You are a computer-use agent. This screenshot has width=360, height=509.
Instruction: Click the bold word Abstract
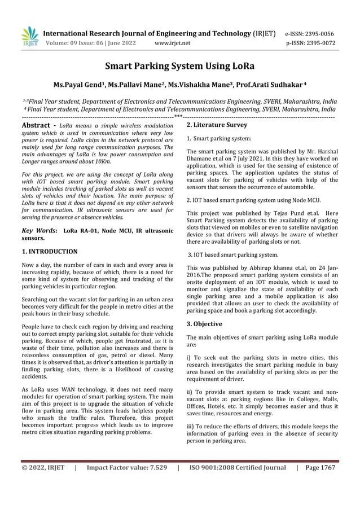pyautogui.click(x=36, y=125)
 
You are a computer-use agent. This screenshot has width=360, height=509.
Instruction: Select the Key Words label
pyautogui.click(x=38, y=231)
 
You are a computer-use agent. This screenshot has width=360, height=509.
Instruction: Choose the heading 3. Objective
pyautogui.click(x=204, y=324)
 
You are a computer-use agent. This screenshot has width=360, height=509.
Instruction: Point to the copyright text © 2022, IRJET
pyautogui.click(x=43, y=468)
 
